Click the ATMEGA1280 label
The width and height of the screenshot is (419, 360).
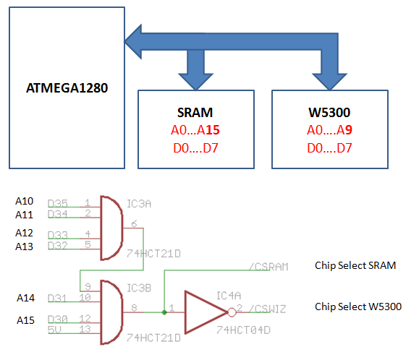[x=67, y=87]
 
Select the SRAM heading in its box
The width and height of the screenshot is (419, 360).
[x=195, y=112]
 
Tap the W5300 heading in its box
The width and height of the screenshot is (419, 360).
[x=329, y=112]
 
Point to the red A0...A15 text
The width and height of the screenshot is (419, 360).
[x=195, y=130]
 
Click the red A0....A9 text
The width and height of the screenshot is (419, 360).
[x=329, y=130]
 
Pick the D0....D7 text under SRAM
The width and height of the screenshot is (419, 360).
[x=195, y=148]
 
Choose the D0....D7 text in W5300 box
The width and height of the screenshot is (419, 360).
[x=329, y=148]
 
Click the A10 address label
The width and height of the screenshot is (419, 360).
[x=25, y=201]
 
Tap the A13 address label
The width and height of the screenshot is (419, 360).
[x=25, y=247]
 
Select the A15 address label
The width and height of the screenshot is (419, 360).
[x=25, y=320]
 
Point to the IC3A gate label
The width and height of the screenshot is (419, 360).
[x=139, y=204]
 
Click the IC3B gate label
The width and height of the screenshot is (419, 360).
[x=139, y=288]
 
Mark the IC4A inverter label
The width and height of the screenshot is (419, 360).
[x=229, y=296]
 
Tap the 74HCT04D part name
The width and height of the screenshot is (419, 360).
[x=243, y=330]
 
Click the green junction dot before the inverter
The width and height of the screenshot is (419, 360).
[x=164, y=312]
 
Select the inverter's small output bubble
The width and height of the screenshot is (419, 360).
[x=232, y=312]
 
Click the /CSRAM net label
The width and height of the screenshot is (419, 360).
[x=268, y=267]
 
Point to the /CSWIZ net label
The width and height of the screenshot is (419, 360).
[x=268, y=309]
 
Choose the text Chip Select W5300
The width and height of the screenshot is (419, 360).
[x=358, y=307]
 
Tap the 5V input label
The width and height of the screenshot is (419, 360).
[x=54, y=330]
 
